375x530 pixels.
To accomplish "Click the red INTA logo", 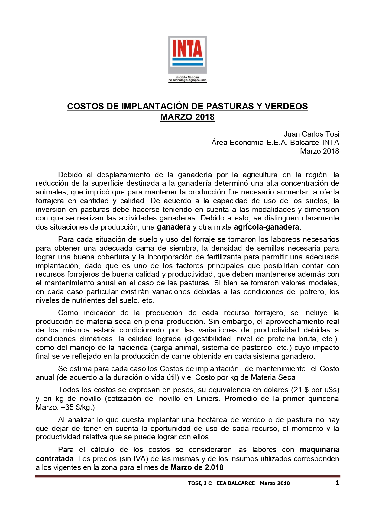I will (x=187, y=54).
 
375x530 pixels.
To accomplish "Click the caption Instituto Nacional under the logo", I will (x=187, y=77).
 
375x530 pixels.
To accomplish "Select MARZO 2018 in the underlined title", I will (x=187, y=117).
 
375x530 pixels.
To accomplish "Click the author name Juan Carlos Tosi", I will (x=311, y=134).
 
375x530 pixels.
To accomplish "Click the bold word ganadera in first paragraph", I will (x=173, y=227).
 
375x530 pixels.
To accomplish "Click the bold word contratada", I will (x=54, y=459).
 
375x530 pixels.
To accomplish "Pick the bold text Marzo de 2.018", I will (x=197, y=467).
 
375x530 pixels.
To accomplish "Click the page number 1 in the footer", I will (x=337, y=483).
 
